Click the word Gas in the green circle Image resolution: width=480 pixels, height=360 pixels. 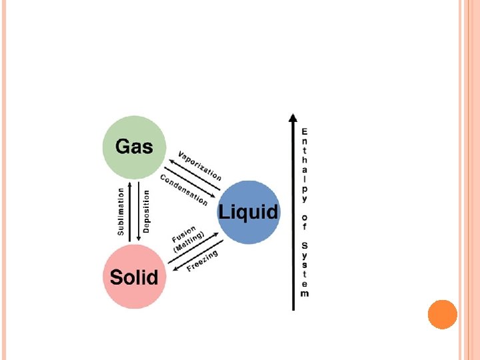(134, 146)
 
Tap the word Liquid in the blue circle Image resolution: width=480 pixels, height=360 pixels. (249, 213)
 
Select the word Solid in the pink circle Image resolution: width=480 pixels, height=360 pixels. (134, 277)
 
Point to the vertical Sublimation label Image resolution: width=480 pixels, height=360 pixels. (121, 211)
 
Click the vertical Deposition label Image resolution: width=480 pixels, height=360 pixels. (147, 211)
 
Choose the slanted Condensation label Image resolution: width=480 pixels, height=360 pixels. (184, 189)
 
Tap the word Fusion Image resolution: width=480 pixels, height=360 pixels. (183, 234)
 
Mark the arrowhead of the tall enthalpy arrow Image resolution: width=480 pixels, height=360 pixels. (292, 118)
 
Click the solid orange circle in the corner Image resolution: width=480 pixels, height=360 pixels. (442, 314)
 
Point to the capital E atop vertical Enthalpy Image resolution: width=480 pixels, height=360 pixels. (305, 131)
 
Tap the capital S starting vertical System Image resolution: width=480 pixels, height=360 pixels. (305, 245)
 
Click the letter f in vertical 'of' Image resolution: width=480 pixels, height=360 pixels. (305, 226)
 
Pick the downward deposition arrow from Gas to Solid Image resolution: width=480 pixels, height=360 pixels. (138, 211)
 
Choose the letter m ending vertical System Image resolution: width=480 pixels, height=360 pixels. (305, 293)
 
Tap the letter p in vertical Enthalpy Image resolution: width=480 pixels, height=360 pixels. (305, 189)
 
